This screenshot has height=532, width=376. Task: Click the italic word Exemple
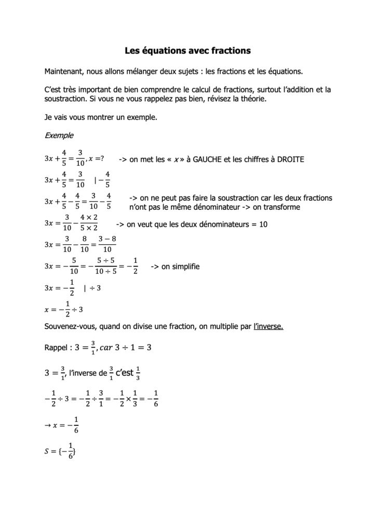59,136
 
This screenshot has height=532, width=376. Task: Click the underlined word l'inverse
268,326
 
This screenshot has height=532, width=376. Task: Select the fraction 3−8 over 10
106,244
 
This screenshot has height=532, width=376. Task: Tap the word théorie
251,99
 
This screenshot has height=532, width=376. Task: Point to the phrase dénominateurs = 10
233,224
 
